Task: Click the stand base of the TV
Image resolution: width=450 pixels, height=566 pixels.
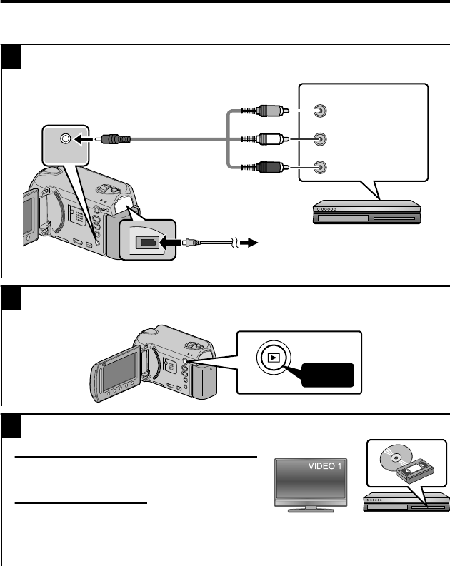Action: click(x=310, y=510)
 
